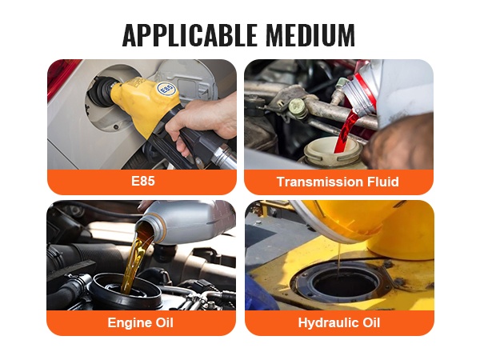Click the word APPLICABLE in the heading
click(x=189, y=34)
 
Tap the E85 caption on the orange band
click(x=143, y=181)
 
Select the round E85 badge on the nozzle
click(x=166, y=89)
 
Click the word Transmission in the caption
click(x=316, y=182)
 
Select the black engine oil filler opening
click(x=126, y=291)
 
